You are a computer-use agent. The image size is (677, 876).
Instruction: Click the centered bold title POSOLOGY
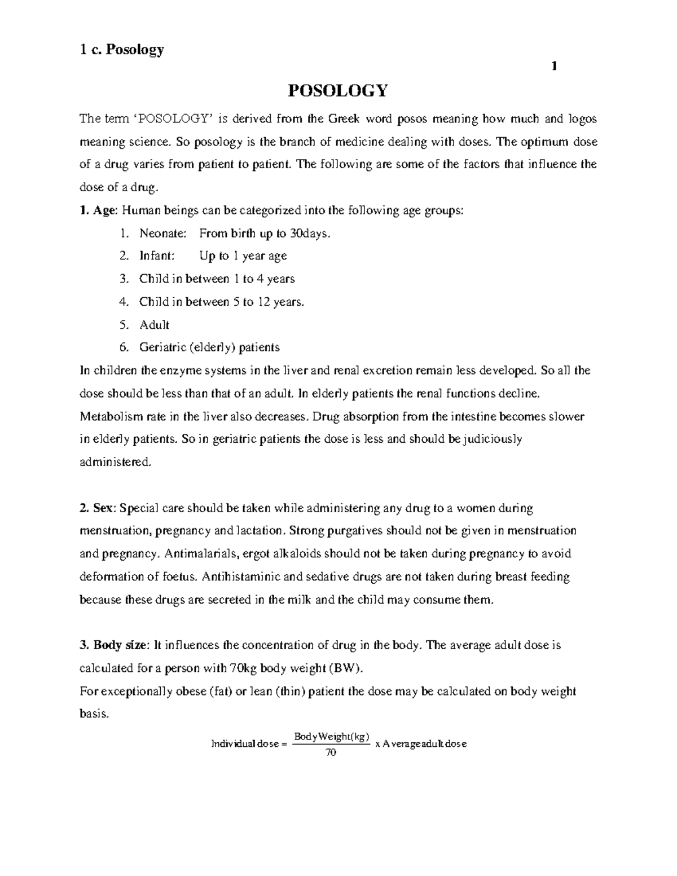[338, 91]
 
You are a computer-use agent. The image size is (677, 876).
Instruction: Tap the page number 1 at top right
[554, 67]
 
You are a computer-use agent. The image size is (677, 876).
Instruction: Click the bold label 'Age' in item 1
[104, 210]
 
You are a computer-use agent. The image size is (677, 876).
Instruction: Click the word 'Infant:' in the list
[157, 256]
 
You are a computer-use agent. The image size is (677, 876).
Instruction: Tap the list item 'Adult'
[154, 325]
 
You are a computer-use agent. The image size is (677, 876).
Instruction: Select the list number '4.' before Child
[125, 302]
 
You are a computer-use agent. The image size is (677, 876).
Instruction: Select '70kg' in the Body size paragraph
[244, 668]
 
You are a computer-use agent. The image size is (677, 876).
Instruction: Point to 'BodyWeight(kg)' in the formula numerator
[332, 736]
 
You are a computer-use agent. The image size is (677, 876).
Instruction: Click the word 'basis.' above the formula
[93, 714]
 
